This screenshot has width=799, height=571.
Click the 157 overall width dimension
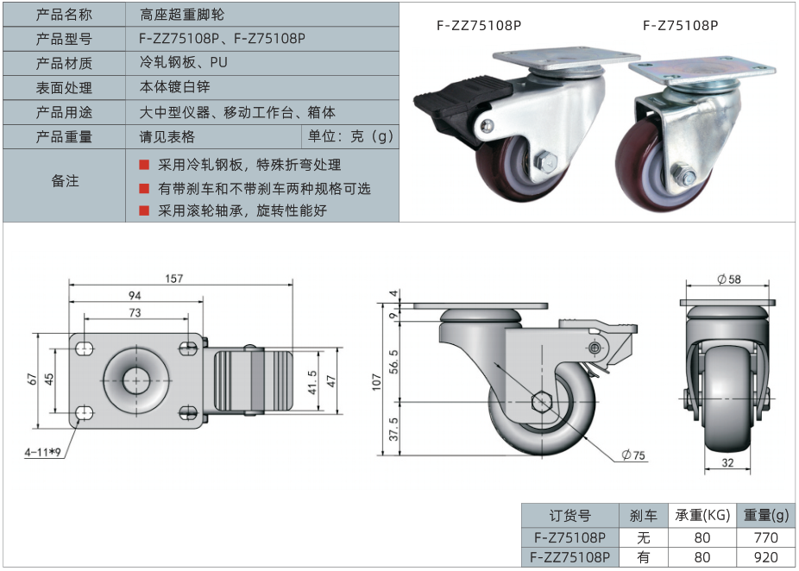click(x=174, y=279)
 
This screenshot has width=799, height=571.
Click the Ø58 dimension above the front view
click(x=729, y=279)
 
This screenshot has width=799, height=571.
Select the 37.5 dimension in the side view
click(x=394, y=429)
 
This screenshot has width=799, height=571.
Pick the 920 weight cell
click(x=765, y=557)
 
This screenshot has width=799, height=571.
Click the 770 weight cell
click(x=765, y=536)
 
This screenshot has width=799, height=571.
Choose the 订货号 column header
click(x=570, y=515)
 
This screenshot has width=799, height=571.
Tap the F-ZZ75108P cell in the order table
click(x=570, y=557)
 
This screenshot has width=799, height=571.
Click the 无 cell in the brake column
click(x=643, y=536)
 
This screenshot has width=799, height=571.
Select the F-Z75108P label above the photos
click(x=680, y=25)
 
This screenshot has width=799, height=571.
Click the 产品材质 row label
click(x=64, y=63)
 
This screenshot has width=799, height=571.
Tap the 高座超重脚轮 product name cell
click(x=186, y=15)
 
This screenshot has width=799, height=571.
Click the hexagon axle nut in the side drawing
click(x=542, y=401)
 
